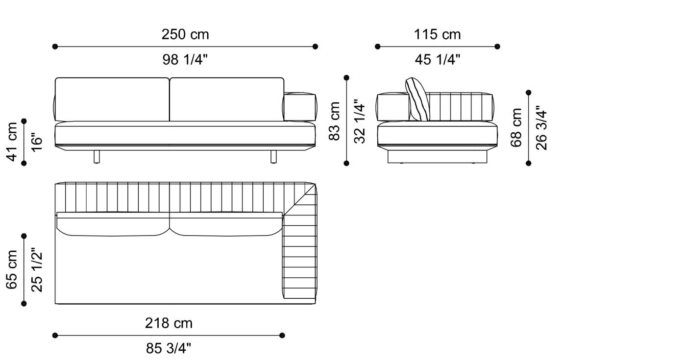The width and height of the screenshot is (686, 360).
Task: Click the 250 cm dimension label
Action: (x=185, y=35)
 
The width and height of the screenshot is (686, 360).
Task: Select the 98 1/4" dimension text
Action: (x=185, y=60)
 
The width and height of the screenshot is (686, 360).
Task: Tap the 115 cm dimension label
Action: (x=437, y=35)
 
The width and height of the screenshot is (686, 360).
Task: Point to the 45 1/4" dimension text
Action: (x=437, y=60)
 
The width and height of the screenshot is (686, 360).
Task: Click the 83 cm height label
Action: (x=335, y=121)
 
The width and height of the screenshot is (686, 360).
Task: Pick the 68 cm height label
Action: (x=517, y=128)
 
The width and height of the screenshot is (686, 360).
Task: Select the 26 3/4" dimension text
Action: (x=541, y=128)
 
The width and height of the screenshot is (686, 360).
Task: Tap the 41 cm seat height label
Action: (x=13, y=142)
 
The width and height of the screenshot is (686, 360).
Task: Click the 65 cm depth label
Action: (x=13, y=269)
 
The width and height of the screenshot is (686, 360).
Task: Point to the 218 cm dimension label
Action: (x=169, y=323)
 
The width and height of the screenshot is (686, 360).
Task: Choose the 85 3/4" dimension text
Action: (x=169, y=348)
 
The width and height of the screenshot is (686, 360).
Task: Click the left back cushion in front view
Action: (x=112, y=99)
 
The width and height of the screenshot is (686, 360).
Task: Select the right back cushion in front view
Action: (x=226, y=99)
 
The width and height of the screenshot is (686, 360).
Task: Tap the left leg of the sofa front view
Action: (x=97, y=157)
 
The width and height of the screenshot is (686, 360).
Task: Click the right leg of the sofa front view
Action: (x=273, y=157)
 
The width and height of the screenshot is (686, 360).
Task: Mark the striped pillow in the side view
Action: (x=418, y=100)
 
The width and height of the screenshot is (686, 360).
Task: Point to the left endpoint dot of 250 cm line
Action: (x=55, y=47)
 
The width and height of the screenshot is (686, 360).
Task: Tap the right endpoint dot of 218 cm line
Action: (x=282, y=336)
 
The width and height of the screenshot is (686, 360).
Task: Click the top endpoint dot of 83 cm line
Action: (x=346, y=77)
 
